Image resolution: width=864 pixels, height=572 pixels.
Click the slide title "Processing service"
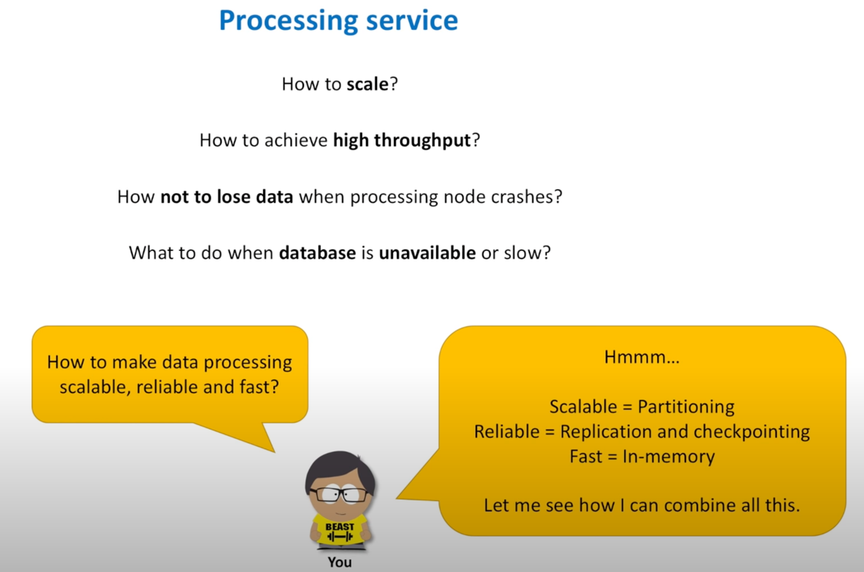(338, 21)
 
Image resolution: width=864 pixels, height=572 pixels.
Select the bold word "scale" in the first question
(367, 84)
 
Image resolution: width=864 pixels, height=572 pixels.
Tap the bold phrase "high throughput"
(401, 140)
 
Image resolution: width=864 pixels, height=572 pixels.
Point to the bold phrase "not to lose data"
(226, 196)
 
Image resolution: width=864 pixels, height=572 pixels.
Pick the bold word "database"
(317, 253)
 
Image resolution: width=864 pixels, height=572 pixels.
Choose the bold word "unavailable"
(427, 253)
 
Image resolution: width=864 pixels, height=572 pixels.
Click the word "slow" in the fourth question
(527, 253)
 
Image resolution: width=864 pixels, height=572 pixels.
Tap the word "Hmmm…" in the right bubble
(642, 357)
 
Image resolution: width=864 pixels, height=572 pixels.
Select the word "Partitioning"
(686, 406)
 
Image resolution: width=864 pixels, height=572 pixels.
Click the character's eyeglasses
(339, 494)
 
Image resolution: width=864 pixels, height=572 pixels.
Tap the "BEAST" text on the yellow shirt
(339, 527)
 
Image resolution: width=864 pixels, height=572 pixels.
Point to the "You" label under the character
(339, 562)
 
